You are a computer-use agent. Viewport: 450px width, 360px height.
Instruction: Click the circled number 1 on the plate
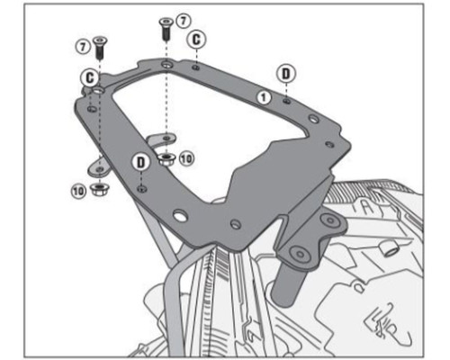click(264, 97)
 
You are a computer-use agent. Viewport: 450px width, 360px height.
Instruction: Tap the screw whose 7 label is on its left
click(100, 48)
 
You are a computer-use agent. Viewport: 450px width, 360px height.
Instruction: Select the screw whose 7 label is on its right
click(166, 29)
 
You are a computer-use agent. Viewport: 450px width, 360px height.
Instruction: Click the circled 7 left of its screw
click(83, 47)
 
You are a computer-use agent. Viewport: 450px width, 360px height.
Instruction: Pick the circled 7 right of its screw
click(184, 22)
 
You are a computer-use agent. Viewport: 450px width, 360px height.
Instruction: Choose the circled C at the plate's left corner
click(90, 78)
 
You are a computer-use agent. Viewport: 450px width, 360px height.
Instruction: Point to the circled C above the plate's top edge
click(196, 40)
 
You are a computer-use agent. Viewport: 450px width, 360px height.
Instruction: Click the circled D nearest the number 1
click(286, 74)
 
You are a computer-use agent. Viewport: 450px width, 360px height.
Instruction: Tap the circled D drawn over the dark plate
click(140, 163)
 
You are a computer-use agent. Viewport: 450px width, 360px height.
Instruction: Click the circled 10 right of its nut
click(186, 158)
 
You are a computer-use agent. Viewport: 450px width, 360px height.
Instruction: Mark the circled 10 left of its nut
click(78, 191)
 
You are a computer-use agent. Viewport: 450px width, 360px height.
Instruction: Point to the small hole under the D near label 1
click(287, 101)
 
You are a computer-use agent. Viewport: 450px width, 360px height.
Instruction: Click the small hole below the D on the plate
click(141, 189)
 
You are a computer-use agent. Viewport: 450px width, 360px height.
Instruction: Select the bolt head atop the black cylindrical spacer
click(300, 254)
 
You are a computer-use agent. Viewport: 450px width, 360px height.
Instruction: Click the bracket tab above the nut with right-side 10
click(161, 139)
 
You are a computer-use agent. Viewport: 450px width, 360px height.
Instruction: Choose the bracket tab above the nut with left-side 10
click(99, 167)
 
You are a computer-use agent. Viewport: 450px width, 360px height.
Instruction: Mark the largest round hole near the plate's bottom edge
click(180, 215)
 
